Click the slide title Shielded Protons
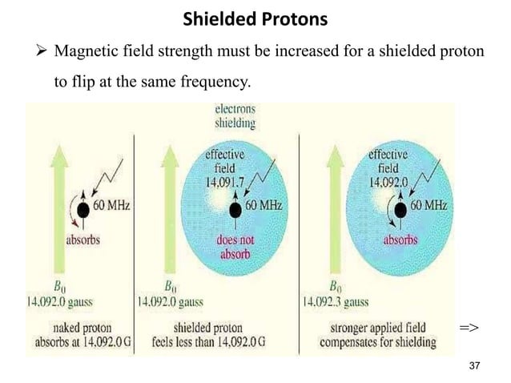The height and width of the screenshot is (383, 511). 255,18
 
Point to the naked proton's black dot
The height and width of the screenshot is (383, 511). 83,198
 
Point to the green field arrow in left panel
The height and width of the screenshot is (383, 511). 37,192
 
